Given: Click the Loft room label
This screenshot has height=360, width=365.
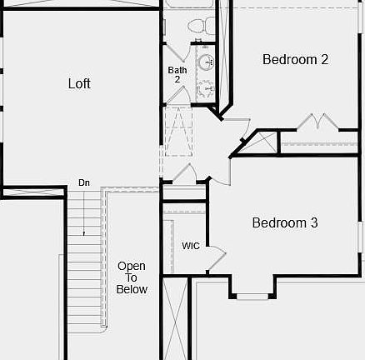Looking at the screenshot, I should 79,83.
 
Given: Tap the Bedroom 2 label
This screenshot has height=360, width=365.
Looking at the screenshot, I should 295,59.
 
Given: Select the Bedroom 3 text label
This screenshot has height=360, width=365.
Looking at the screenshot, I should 285,223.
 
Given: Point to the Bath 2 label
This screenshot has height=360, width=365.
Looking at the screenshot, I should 177,71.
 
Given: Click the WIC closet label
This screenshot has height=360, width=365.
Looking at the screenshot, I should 191,246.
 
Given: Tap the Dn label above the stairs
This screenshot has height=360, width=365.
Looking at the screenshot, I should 84,182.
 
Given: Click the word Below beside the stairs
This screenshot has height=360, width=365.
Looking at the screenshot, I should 132,290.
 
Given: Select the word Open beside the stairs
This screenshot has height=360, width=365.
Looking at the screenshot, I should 132,267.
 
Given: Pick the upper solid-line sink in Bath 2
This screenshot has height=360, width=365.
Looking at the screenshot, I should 205,62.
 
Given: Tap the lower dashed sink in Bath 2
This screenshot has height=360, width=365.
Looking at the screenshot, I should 205,86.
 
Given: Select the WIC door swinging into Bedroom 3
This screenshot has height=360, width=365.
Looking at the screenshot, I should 216,257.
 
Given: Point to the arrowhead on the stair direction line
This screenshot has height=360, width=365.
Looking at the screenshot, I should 84,235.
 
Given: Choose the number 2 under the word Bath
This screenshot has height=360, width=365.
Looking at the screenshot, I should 177,79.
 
